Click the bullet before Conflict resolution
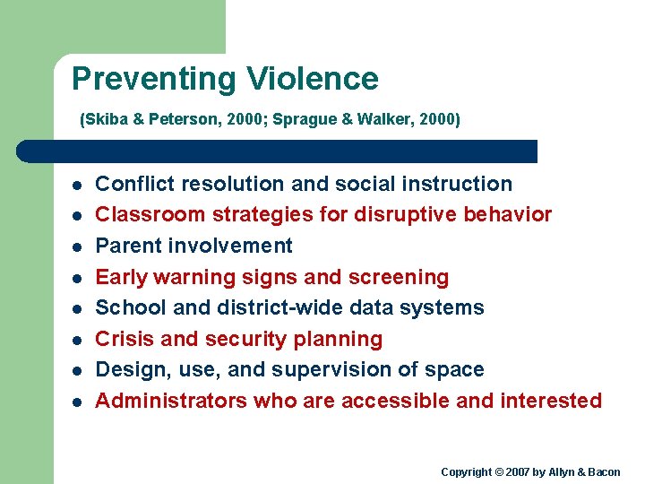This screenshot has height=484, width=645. (78, 185)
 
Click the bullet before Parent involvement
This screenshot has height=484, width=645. (78, 246)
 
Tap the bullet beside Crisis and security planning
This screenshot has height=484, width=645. (78, 340)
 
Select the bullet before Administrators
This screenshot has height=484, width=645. (78, 402)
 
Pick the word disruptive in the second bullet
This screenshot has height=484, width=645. (402, 215)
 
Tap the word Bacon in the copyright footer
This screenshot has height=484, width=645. (603, 472)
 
